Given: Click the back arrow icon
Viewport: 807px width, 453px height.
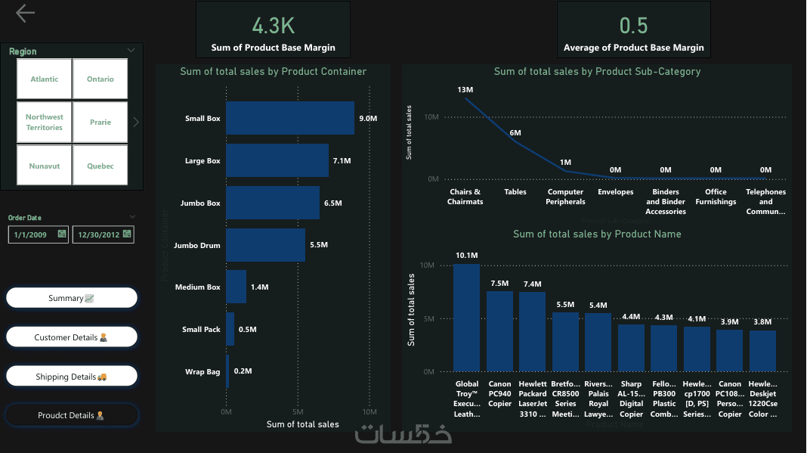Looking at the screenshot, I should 25,13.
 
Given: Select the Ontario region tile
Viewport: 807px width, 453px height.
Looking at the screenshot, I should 100,79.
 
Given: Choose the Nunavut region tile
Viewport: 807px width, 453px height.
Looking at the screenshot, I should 45,166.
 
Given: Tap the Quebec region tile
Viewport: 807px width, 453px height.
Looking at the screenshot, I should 100,166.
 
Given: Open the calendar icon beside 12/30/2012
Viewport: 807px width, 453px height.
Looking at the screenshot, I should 128,234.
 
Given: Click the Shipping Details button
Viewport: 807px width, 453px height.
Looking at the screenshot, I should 72,377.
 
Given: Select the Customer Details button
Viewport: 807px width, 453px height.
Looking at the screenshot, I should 72,337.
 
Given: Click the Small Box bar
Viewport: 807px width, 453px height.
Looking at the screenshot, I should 290,119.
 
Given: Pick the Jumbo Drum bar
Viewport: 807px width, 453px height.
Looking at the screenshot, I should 265,245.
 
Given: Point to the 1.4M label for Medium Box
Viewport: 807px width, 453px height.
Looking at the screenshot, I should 259,287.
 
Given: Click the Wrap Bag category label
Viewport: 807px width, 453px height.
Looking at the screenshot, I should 203,372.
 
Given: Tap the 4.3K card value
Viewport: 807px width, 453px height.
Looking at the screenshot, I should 274,26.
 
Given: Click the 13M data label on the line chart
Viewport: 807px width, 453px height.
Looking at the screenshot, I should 465,90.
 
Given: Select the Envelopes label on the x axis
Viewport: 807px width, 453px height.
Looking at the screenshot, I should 616,192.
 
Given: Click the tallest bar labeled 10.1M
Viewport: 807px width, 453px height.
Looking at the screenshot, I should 467,318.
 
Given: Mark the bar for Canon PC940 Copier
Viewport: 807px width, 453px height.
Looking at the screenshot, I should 499,331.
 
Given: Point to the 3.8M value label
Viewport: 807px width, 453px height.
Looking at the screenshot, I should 763,322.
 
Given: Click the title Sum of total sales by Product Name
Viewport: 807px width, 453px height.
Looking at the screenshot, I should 597,234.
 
